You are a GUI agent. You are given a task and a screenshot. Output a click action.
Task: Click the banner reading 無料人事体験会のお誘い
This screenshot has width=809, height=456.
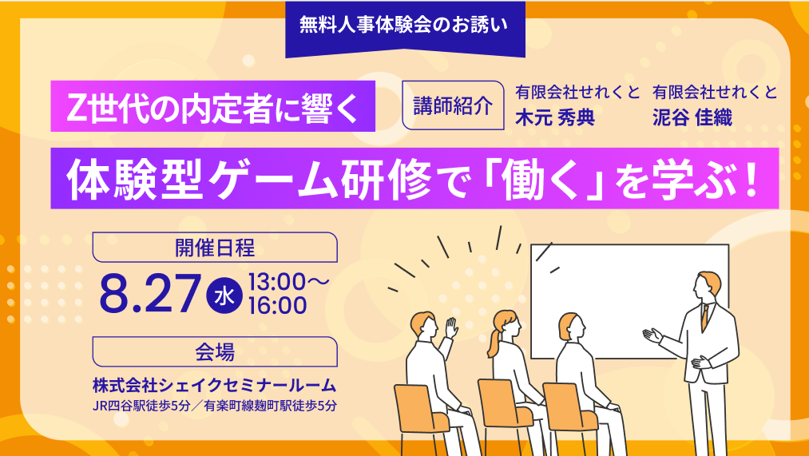[x=405, y=27]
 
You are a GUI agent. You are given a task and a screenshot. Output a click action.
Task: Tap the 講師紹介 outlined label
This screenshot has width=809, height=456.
[x=453, y=105]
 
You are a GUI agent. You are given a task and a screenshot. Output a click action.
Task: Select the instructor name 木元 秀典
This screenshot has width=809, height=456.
[x=555, y=117]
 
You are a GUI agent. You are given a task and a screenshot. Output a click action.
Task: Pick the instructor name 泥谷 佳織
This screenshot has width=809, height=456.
[x=692, y=117]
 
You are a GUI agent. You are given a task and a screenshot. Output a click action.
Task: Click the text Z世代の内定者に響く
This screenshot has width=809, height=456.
[x=212, y=107]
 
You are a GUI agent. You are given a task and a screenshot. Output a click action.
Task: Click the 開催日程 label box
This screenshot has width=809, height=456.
[x=215, y=248]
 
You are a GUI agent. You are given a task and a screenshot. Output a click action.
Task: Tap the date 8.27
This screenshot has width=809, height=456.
[x=149, y=293]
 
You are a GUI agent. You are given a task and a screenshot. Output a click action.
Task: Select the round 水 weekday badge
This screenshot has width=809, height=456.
[x=224, y=297]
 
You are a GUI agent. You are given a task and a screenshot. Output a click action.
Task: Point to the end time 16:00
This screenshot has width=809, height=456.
[x=278, y=305]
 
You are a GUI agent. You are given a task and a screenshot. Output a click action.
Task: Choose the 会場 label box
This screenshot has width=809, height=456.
[x=215, y=352]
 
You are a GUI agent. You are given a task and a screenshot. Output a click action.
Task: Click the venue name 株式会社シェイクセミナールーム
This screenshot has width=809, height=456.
[x=215, y=386]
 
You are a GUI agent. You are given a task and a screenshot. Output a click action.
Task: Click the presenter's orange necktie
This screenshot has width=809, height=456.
[x=704, y=317]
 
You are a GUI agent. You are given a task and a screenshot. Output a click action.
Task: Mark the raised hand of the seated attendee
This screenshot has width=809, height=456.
[x=452, y=328]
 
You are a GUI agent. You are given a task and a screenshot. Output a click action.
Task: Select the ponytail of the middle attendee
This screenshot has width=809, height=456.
[x=493, y=343]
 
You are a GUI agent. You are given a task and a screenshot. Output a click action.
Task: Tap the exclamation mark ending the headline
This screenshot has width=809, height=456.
[x=751, y=178]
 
